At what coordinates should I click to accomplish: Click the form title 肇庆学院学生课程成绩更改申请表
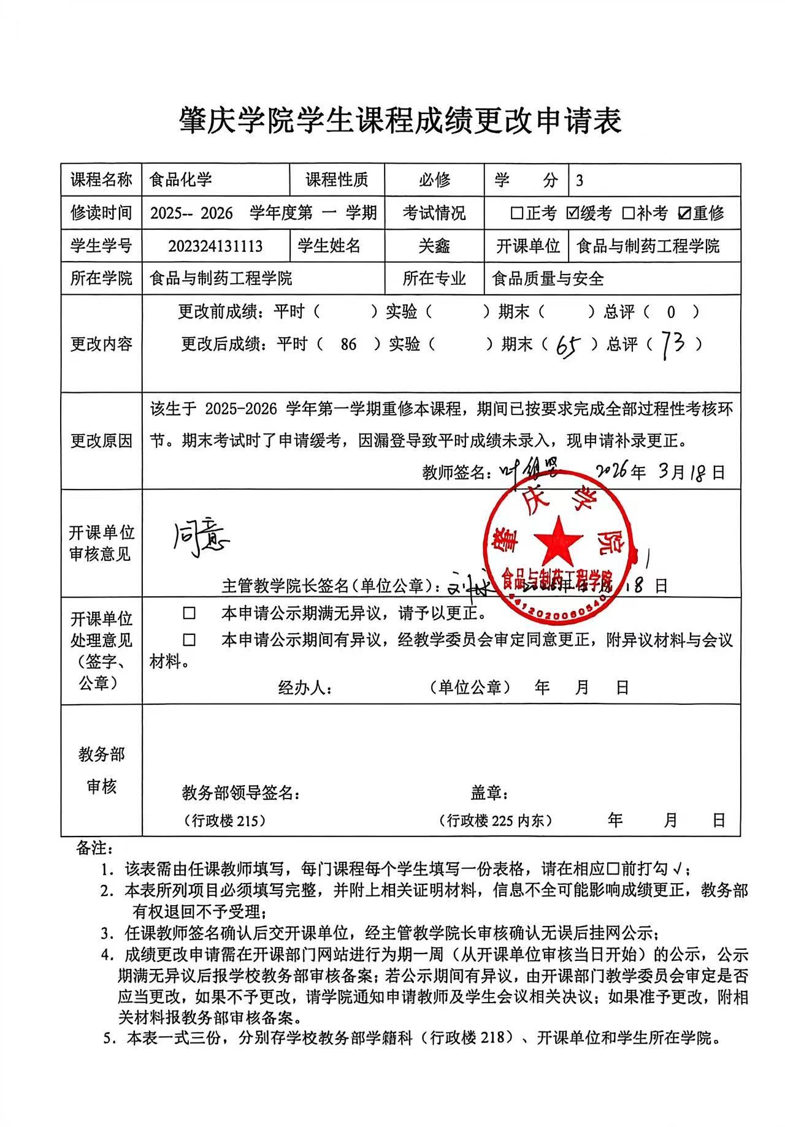coord(400,120)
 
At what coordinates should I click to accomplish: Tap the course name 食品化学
coord(181,180)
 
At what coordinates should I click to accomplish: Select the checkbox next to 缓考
coord(572,213)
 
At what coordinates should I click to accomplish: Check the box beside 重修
coord(685,213)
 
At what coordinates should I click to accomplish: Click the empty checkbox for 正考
coord(517,213)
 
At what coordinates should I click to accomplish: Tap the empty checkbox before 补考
coord(628,213)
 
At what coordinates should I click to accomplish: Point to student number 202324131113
coord(215,246)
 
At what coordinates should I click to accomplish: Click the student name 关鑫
coord(434,246)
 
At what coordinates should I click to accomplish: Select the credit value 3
coord(580,180)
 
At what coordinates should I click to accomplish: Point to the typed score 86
coord(348,344)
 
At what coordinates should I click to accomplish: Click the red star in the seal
coord(558,539)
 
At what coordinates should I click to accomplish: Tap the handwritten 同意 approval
coord(199,539)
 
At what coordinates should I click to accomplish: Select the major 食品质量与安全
coord(548,279)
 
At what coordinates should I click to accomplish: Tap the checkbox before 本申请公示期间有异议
coord(190,640)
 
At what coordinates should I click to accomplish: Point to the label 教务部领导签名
coord(240,793)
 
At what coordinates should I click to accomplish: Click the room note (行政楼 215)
coord(224,821)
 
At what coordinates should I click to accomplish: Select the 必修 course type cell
coord(434,180)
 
